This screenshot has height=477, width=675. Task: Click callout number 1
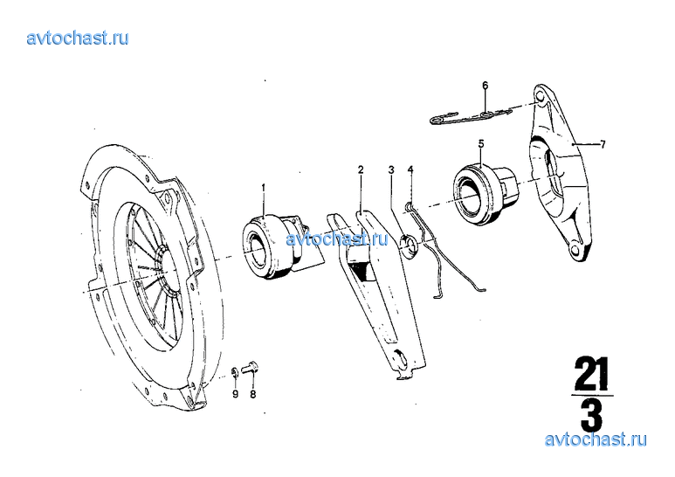tap(264, 188)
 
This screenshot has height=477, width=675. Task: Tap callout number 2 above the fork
tap(361, 169)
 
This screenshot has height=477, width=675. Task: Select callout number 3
tap(391, 170)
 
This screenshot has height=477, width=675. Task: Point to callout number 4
tap(410, 169)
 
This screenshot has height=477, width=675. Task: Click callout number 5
tap(481, 143)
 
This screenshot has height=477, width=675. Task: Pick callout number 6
tap(486, 86)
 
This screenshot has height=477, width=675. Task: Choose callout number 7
tap(603, 144)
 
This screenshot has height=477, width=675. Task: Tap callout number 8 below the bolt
tap(253, 394)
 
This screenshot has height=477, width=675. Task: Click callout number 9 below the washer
tap(236, 394)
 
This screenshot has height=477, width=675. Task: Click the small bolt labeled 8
tap(250, 368)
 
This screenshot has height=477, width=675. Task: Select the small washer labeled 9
tap(235, 372)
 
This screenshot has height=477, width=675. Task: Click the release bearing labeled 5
tap(486, 193)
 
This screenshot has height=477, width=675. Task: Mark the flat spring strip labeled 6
tap(472, 117)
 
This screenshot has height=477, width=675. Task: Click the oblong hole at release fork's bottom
tap(400, 358)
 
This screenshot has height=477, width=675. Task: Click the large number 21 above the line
tap(591, 374)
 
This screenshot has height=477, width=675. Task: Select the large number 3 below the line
tap(591, 415)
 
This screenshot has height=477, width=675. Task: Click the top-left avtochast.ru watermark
tap(78, 38)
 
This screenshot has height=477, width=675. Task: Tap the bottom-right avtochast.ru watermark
tap(596, 439)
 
